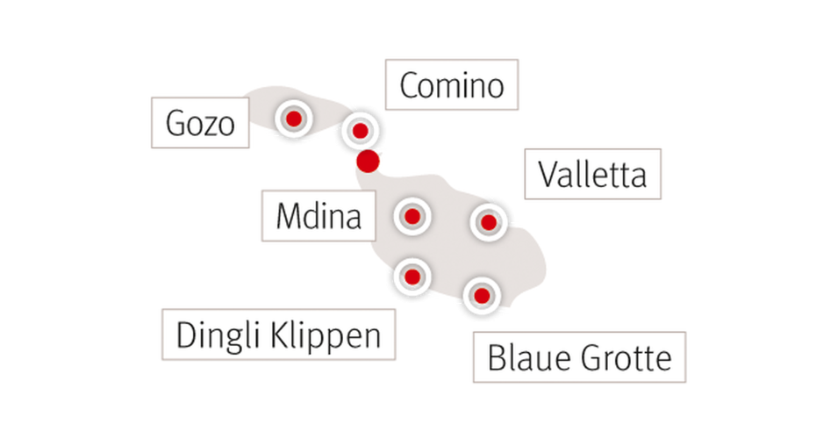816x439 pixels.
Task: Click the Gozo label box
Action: (x=200, y=123)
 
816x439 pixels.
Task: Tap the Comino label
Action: (x=452, y=85)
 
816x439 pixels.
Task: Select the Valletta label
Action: (x=593, y=174)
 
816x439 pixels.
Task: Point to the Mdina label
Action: (x=319, y=216)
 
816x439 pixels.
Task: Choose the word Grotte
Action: (x=626, y=357)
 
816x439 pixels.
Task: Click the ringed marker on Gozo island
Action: (x=294, y=119)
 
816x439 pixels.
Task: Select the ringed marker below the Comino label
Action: (x=360, y=131)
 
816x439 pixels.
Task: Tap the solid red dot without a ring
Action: (x=368, y=162)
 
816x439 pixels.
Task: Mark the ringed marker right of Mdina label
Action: (x=412, y=217)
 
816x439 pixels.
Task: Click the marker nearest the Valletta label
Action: (x=489, y=223)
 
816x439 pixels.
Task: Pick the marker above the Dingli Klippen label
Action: (x=412, y=277)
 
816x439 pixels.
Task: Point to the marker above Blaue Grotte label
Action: (x=482, y=296)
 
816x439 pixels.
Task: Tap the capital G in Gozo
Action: (x=176, y=124)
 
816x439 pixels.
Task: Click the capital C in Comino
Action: (x=410, y=86)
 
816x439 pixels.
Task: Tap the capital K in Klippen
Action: (x=281, y=335)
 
